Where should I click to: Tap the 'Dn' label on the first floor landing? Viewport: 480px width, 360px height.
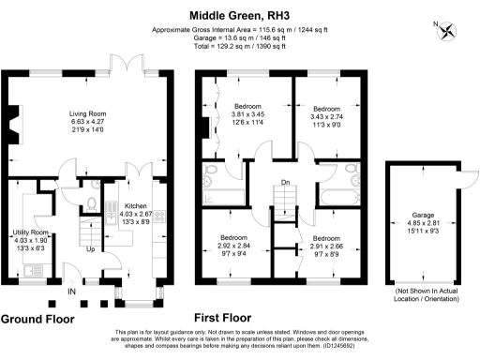click(x=284, y=184)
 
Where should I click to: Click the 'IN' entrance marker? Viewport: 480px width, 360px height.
click(x=71, y=292)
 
